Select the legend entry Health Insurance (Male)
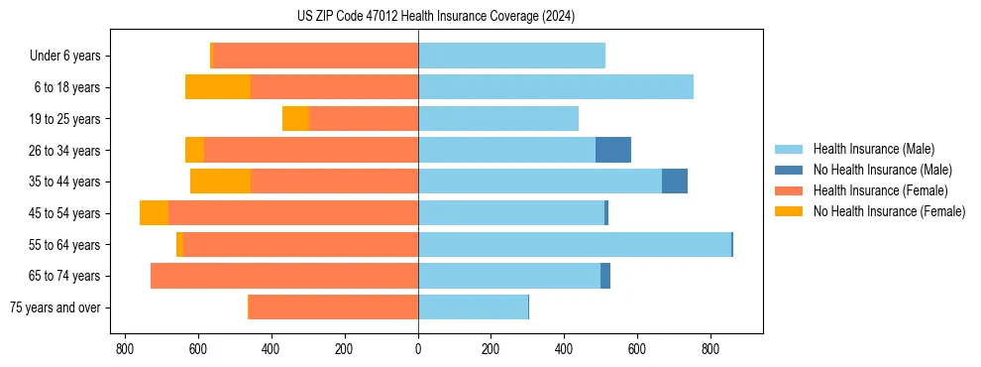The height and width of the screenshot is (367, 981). click(x=872, y=149)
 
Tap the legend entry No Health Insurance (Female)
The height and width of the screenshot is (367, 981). click(x=889, y=211)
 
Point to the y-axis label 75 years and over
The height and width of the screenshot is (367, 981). click(x=54, y=307)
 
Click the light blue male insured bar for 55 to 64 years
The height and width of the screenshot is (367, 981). click(x=575, y=244)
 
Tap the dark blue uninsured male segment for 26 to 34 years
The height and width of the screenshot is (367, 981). click(x=613, y=150)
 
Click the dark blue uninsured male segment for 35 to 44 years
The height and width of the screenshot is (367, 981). click(x=675, y=182)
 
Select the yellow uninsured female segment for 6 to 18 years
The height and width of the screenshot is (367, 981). click(x=218, y=87)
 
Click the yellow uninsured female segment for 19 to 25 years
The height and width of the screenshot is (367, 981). click(x=295, y=119)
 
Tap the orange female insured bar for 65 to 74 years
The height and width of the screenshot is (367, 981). click(x=284, y=276)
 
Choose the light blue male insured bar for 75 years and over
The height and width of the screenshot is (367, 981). click(x=473, y=307)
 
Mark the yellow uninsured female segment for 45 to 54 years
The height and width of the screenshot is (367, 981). click(x=154, y=213)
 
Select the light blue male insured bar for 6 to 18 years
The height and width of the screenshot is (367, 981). click(x=555, y=87)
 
